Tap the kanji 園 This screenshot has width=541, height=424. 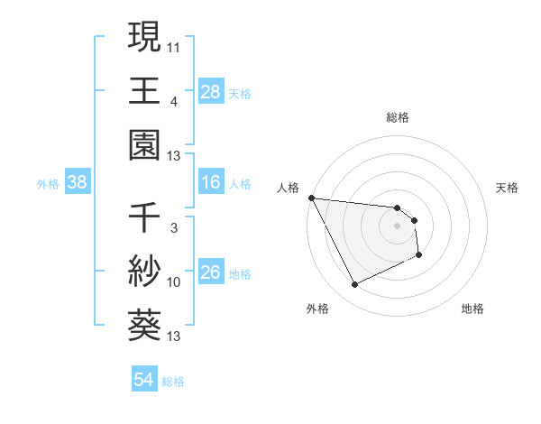point(144,144)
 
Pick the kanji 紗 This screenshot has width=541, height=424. point(144,272)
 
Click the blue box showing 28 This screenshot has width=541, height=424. point(211,91)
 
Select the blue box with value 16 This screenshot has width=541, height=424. point(211,183)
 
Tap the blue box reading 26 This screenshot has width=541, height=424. point(211,272)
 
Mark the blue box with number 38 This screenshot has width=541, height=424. point(78,183)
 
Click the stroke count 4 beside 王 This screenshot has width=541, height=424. point(173,101)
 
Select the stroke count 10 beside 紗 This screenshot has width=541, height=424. point(174,282)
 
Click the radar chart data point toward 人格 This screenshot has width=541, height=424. point(311,198)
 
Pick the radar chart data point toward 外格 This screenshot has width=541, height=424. point(354,285)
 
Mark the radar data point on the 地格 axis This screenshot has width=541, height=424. point(419,256)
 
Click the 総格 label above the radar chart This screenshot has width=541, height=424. point(398,117)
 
